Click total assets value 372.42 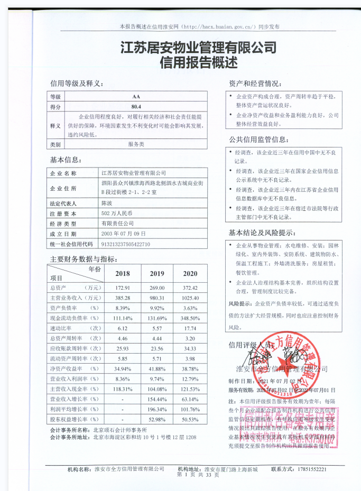click(x=190, y=288)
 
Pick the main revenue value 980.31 click(x=156, y=298)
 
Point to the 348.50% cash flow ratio click(x=190, y=318)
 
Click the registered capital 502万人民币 click(x=116, y=214)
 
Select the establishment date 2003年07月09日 click(x=120, y=234)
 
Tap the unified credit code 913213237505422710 click(x=126, y=244)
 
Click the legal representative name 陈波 click(x=107, y=203)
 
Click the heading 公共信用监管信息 click(x=258, y=140)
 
